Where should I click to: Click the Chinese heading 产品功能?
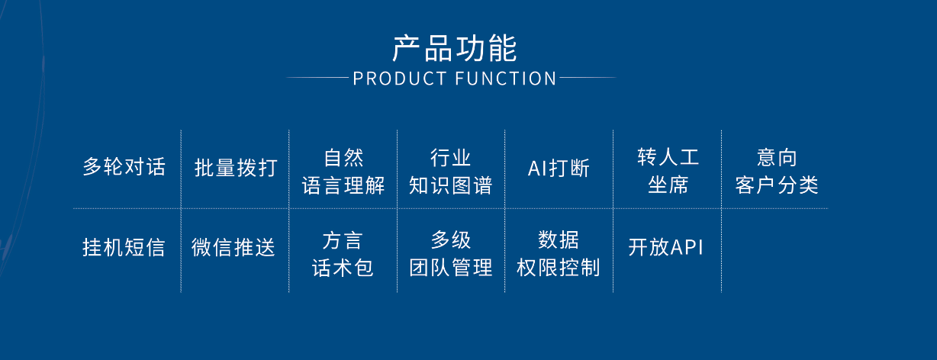pos(455,49)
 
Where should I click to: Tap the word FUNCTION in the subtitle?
pos(506,79)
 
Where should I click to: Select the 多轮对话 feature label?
pos(124,167)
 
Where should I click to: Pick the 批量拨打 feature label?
pos(236,168)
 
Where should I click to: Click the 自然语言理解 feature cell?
pos(343,172)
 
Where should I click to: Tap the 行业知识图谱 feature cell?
pos(451,172)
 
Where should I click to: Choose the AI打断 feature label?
pos(559,168)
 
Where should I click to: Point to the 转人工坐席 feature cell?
pos(668,171)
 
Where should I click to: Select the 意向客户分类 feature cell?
pos(777,172)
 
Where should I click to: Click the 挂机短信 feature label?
pos(124,247)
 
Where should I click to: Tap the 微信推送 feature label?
pos(233,247)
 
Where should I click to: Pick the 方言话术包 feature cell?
pos(343,254)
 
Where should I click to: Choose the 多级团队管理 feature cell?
pos(451,253)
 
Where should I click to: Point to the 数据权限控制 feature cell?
pos(559,253)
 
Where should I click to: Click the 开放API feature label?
pos(665,246)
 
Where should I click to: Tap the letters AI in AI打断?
pos(536,169)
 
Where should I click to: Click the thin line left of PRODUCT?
pos(317,77)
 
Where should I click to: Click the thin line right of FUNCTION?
pos(588,77)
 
